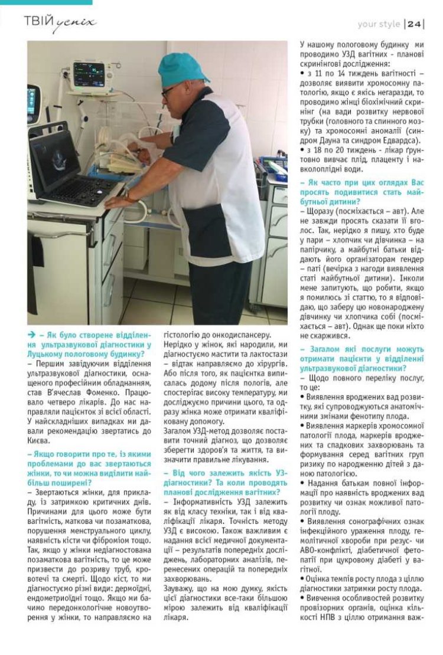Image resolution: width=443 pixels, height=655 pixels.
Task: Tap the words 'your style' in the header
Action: pyautogui.click(x=379, y=24)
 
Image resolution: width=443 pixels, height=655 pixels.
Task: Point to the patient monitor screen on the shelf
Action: pyautogui.click(x=89, y=74)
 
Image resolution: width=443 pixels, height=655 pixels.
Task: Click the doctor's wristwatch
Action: pyautogui.click(x=126, y=195)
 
